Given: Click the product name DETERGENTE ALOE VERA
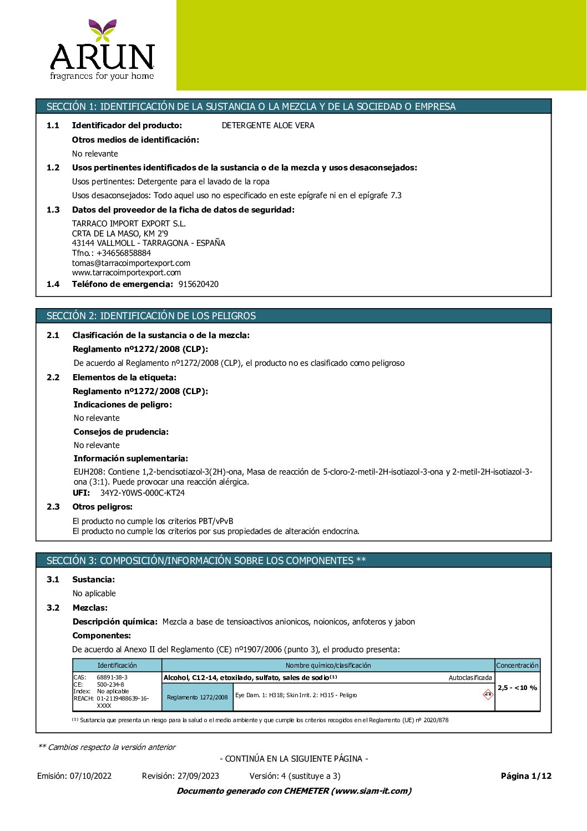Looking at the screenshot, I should click(268, 125).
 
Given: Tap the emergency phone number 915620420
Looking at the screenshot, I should click(199, 284).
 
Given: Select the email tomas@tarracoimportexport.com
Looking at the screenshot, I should click(131, 263).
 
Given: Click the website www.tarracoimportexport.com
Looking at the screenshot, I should click(126, 273).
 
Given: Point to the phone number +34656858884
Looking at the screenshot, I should click(124, 253).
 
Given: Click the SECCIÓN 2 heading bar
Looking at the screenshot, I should click(293, 316).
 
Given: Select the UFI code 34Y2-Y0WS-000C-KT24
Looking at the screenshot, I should click(143, 493).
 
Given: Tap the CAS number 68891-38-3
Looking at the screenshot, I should click(112, 677).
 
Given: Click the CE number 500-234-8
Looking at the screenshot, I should click(110, 684).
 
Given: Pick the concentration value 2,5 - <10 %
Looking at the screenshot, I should click(517, 688).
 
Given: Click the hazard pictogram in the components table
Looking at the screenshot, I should click(488, 694).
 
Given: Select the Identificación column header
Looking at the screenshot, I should click(117, 665).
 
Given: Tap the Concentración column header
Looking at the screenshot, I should click(517, 665).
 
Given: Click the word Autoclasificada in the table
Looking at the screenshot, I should click(470, 678).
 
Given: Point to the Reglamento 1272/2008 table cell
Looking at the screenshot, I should click(198, 697).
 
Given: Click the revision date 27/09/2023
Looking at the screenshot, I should click(198, 776).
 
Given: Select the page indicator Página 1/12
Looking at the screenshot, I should click(526, 776).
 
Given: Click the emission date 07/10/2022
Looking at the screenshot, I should click(91, 776).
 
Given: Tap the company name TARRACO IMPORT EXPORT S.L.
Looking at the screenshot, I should click(129, 224).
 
